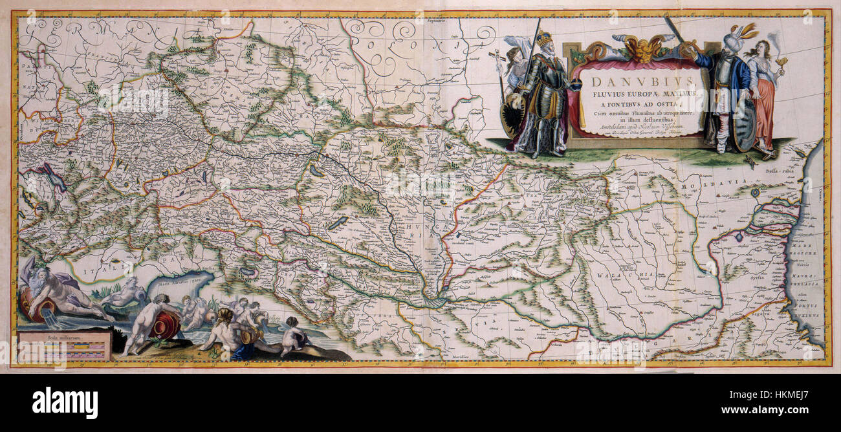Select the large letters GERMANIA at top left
[97, 29]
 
